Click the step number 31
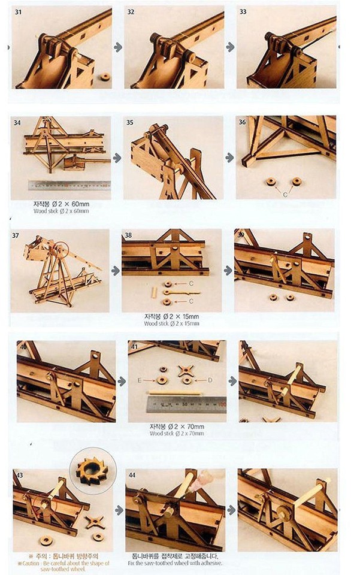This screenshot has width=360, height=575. coord(18,11)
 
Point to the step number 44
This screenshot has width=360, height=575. coord(132,475)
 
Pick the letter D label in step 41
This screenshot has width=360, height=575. coord(210,380)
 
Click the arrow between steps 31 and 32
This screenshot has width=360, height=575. coord(118,47)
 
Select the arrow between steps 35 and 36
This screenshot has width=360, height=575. coord(229,158)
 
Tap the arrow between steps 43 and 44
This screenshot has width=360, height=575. coord(118,510)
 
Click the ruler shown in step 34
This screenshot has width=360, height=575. coord(69,186)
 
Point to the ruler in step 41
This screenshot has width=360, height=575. coord(186,405)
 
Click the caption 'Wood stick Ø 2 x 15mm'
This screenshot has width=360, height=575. coord(172,323)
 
